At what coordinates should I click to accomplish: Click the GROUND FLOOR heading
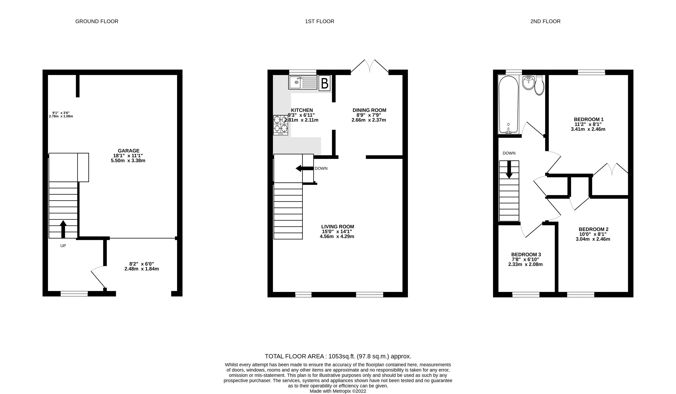pyautogui.click(x=97, y=21)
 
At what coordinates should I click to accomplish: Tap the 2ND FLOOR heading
pyautogui.click(x=545, y=21)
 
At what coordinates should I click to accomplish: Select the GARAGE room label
pyautogui.click(x=129, y=151)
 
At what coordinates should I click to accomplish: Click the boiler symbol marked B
pyautogui.click(x=325, y=84)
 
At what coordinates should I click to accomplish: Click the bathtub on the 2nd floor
pyautogui.click(x=508, y=105)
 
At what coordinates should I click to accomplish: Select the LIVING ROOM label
pyautogui.click(x=338, y=227)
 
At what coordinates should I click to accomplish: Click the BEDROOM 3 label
pyautogui.click(x=526, y=254)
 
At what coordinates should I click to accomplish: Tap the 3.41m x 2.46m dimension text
pyautogui.click(x=588, y=129)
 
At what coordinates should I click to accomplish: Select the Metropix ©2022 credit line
pyautogui.click(x=338, y=391)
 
